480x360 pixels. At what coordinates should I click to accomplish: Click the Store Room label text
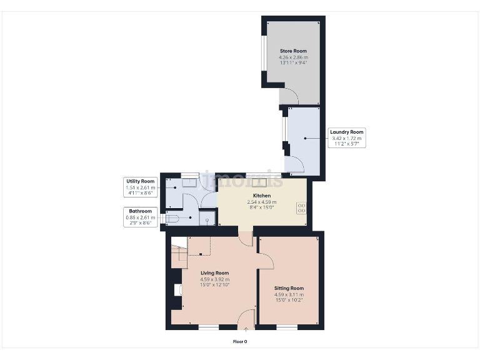[293, 51]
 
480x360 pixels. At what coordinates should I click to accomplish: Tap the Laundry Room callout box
[347, 137]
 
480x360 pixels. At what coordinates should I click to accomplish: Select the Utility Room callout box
[139, 187]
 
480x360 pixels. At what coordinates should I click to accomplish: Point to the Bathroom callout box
[140, 217]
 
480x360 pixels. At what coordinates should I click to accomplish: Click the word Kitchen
[261, 196]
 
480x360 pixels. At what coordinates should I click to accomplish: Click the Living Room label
[214, 273]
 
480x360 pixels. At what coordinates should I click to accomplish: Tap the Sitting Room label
[289, 288]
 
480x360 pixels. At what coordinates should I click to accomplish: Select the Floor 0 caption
[240, 342]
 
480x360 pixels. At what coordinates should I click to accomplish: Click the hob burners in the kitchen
[301, 207]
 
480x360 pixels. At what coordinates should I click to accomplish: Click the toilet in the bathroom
[173, 218]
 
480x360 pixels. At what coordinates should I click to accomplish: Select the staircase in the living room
[179, 253]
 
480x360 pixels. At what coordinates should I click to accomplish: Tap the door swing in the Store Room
[289, 96]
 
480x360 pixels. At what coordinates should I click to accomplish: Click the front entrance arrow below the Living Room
[246, 328]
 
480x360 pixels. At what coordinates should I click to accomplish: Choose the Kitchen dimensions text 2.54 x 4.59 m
[261, 202]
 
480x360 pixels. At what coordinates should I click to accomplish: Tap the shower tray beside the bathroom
[207, 219]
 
